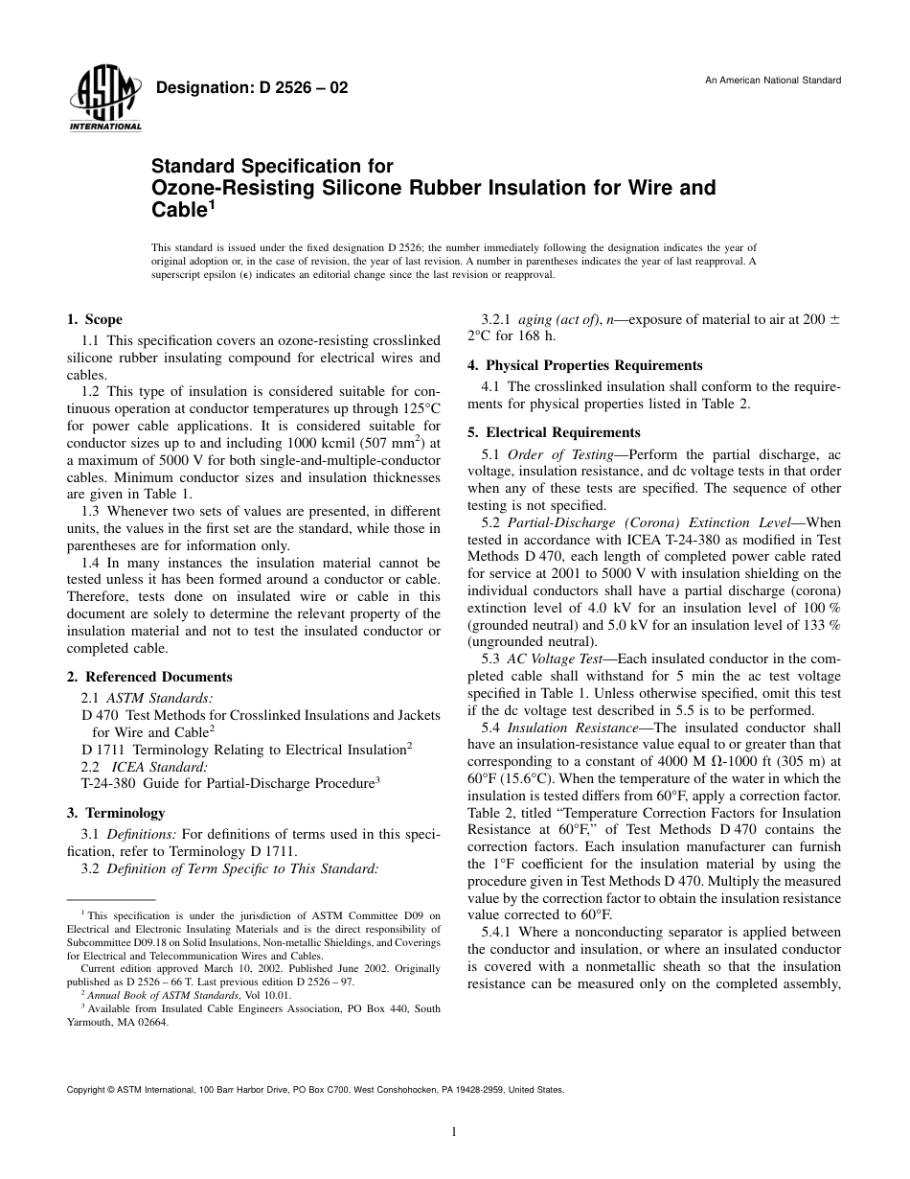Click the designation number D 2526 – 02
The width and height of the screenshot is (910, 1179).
(x=251, y=88)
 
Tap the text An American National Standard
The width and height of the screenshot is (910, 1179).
(x=773, y=81)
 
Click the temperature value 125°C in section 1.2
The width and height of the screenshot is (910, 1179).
(x=420, y=407)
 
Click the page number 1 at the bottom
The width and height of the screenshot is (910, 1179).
(x=454, y=1132)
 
